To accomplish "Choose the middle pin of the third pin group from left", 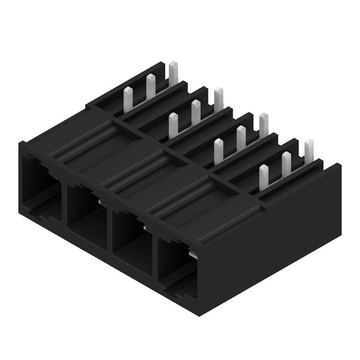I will (x=241, y=137).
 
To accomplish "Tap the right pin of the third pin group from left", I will (x=264, y=124).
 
